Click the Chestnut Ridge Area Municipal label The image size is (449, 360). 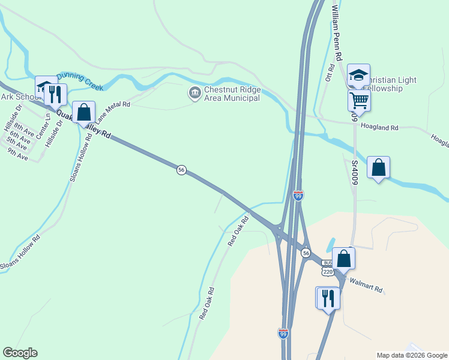coord(232,94)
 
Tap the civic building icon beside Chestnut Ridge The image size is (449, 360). coord(194,93)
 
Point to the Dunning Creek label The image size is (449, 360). coord(79,82)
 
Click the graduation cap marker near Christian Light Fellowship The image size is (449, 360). coord(358,75)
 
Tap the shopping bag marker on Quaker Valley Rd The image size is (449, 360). coord(83,112)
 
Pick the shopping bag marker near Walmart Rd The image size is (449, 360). coord(343,258)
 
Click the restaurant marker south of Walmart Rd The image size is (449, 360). coord(328,298)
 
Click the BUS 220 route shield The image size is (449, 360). coord(327,268)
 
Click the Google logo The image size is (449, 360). coord(20,353)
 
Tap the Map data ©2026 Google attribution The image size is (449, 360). coord(411,355)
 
